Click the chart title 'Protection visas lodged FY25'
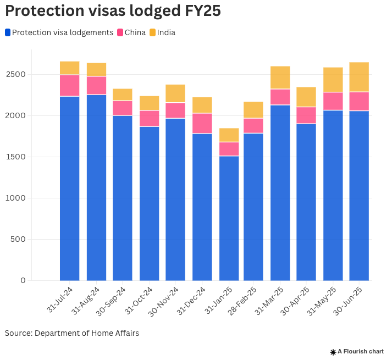pyautogui.click(x=113, y=11)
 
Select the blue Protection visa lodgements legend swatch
pyautogui.click(x=8, y=32)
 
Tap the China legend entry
pyautogui.click(x=131, y=32)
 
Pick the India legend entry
pyautogui.click(x=162, y=32)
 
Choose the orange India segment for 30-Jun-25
pyautogui.click(x=359, y=77)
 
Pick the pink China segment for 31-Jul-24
pyautogui.click(x=69, y=85)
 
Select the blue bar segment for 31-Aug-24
pyautogui.click(x=96, y=187)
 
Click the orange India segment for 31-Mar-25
pyautogui.click(x=280, y=77)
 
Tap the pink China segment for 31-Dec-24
pyautogui.click(x=202, y=123)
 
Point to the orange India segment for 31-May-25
pyautogui.click(x=333, y=80)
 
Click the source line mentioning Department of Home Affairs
pyautogui.click(x=72, y=333)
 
